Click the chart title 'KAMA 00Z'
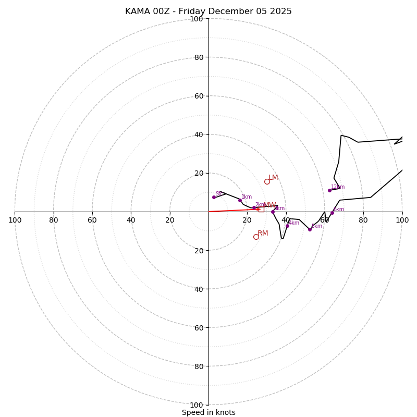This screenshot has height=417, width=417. (x=208, y=11)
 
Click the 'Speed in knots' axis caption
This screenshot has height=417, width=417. (x=208, y=412)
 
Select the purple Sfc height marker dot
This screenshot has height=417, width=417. (x=214, y=197)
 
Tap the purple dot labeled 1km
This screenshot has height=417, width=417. (x=240, y=200)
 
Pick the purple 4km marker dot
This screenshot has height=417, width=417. (x=287, y=226)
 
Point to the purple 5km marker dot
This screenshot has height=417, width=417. (x=310, y=229)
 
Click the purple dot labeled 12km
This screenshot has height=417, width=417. (x=329, y=190)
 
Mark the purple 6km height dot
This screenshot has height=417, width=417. (x=332, y=213)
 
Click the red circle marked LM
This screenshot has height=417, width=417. (x=267, y=181)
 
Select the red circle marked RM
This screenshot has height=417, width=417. (x=256, y=237)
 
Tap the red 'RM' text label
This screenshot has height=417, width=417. (x=263, y=233)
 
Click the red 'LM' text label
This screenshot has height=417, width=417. (x=273, y=178)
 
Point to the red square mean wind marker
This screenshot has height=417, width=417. (x=261, y=209)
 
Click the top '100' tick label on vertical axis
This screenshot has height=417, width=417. (x=197, y=19)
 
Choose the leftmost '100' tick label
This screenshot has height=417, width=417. (x=15, y=220)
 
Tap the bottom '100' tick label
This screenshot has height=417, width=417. (x=197, y=405)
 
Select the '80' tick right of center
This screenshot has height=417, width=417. (x=363, y=220)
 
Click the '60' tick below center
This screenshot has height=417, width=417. (x=199, y=328)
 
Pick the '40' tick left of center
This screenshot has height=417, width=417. (x=131, y=220)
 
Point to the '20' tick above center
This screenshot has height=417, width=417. (x=199, y=173)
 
